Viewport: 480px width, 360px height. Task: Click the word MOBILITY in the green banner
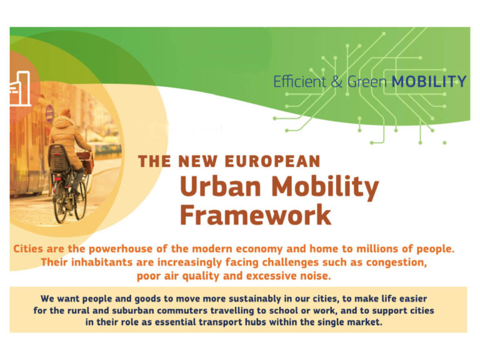(x=429, y=82)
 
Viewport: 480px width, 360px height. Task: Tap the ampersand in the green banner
(x=337, y=82)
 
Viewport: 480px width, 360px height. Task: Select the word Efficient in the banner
(x=300, y=82)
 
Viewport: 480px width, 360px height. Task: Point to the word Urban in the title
(x=221, y=186)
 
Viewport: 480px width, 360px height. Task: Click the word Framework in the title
(x=256, y=215)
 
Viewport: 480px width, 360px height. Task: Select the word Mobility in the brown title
(x=325, y=188)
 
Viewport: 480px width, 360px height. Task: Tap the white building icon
(x=20, y=89)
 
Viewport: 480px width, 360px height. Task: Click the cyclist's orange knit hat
(x=65, y=112)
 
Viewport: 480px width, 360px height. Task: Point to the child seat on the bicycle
(x=59, y=158)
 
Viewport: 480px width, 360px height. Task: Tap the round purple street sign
(x=49, y=113)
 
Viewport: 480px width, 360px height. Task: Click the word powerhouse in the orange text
(x=121, y=249)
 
